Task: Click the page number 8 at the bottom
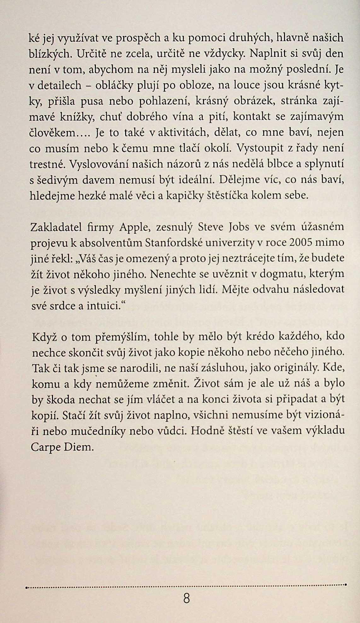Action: click(186, 597)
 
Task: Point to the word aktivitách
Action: click(180, 133)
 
